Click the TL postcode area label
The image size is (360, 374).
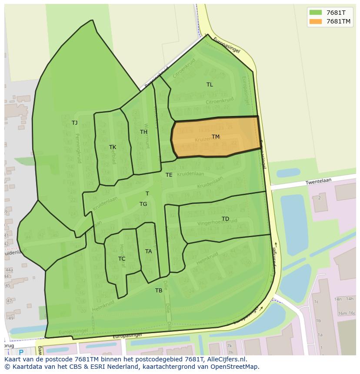click(210, 85)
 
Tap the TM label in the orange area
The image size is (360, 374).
click(216, 137)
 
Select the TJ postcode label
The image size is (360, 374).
click(75, 123)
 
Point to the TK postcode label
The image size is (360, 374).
click(113, 147)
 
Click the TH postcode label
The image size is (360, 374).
click(143, 132)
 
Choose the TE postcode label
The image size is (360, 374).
click(169, 175)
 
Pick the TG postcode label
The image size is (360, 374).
click(143, 204)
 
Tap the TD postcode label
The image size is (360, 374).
click(225, 219)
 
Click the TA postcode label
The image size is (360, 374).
click(149, 252)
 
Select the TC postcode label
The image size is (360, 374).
click(122, 259)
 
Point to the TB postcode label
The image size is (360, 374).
click(159, 291)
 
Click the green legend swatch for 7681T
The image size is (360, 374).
click(316, 12)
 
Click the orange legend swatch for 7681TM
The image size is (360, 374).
click(316, 21)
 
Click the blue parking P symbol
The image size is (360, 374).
click(21, 353)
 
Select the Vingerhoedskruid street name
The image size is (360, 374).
click(217, 222)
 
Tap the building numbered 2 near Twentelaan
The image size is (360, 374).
click(320, 198)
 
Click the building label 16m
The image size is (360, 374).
click(343, 313)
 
